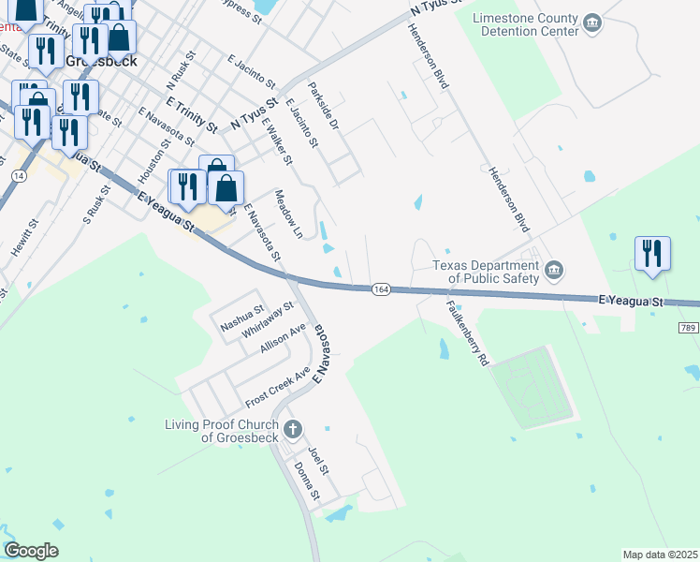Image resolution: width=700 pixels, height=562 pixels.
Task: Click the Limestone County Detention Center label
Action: (x=525, y=24)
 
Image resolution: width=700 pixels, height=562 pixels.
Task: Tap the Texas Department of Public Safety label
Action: (x=486, y=272)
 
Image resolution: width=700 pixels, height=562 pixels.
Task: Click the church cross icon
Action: (x=292, y=430)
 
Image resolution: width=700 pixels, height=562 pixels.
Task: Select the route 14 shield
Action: (x=18, y=175)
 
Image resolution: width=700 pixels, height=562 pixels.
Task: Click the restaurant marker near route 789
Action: (x=651, y=253)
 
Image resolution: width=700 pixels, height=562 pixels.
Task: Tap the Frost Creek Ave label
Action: (x=277, y=388)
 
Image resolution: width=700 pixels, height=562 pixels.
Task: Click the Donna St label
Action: (x=307, y=480)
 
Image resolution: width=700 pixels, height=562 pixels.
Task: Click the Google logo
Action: (x=31, y=551)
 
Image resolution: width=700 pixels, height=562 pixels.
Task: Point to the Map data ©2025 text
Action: (x=659, y=555)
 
